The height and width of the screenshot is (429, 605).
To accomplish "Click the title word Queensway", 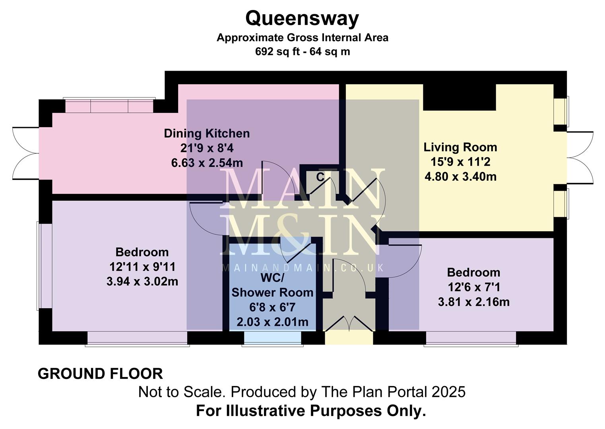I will click(302, 18).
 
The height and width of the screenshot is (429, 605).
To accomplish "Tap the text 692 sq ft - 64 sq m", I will click(302, 52).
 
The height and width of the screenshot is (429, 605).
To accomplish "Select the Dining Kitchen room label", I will click(207, 133).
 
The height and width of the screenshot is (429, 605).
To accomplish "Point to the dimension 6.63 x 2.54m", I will click(207, 163).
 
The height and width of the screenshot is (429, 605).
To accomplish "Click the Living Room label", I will click(460, 147).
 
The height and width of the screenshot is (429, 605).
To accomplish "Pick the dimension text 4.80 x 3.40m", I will click(460, 176).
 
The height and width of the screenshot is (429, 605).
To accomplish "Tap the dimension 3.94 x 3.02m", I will click(142, 282).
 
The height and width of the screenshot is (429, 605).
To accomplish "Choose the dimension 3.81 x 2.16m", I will click(473, 302).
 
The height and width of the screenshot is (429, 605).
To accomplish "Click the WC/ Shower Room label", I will click(272, 285).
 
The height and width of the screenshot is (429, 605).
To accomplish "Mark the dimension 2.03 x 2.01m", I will click(272, 322).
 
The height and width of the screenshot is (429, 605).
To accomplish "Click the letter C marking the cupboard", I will click(320, 177).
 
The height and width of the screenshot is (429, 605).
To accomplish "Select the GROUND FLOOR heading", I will click(100, 374).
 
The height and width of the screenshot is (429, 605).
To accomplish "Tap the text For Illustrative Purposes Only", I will click(311, 411).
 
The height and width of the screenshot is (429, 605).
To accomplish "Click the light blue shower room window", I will click(273, 338).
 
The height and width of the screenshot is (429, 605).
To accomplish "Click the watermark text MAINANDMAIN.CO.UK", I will click(302, 268).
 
